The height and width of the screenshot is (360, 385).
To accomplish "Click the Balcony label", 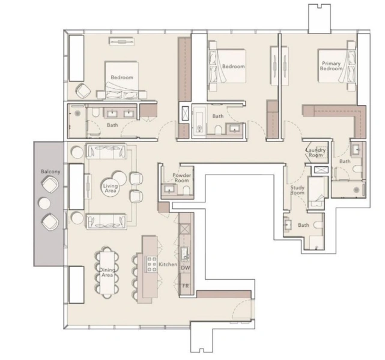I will [x=51, y=172].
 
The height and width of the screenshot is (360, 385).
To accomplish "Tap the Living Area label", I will [x=111, y=188].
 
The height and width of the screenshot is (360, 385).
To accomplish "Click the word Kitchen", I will [x=168, y=265].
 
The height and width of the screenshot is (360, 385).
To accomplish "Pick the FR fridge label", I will [x=186, y=286].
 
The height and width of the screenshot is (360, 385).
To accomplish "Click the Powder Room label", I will [x=181, y=178].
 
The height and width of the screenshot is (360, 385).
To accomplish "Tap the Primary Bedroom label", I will [x=331, y=66].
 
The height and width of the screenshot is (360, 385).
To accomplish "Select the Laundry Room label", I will [x=315, y=152].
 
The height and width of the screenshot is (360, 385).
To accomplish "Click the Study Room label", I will [x=298, y=190].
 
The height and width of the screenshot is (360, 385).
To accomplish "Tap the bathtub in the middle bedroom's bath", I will [x=199, y=119].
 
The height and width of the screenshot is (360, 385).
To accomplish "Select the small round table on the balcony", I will [x=46, y=203].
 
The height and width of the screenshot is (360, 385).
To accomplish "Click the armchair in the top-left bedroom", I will [x=83, y=91].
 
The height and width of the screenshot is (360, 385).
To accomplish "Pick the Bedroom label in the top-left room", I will [x=121, y=77].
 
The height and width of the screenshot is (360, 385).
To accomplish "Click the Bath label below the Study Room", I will [x=303, y=225].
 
